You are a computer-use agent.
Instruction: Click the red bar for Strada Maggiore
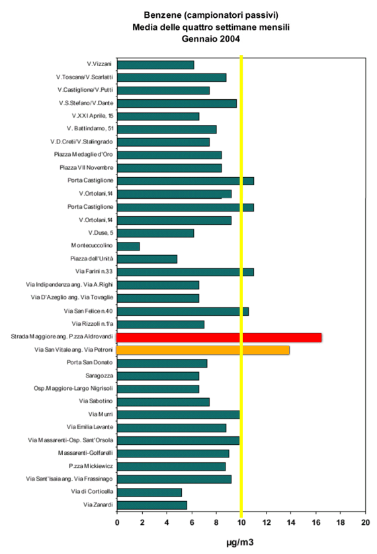[219, 337]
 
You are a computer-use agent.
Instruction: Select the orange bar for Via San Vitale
[203, 350]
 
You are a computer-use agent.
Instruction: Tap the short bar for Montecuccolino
[128, 247]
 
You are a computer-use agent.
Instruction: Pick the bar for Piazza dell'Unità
[147, 259]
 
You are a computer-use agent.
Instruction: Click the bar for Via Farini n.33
[185, 272]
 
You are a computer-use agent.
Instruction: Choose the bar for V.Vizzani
[155, 65]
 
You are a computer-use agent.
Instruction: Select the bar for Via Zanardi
[152, 505]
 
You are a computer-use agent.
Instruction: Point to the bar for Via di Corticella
[149, 492]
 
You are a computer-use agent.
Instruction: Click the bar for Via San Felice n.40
[183, 311]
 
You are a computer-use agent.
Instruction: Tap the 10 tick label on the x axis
[241, 522]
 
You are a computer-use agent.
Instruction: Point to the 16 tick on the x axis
[316, 522]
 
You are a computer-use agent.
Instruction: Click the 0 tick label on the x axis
[117, 522]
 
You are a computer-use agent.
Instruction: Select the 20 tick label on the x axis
[365, 522]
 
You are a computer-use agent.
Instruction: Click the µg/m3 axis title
[240, 542]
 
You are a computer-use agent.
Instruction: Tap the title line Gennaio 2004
[211, 39]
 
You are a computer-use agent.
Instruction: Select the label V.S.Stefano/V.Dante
[86, 103]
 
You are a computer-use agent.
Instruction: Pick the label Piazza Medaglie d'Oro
[83, 155]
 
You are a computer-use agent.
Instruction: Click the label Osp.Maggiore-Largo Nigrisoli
[73, 388]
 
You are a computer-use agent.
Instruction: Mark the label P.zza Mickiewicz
[91, 466]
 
